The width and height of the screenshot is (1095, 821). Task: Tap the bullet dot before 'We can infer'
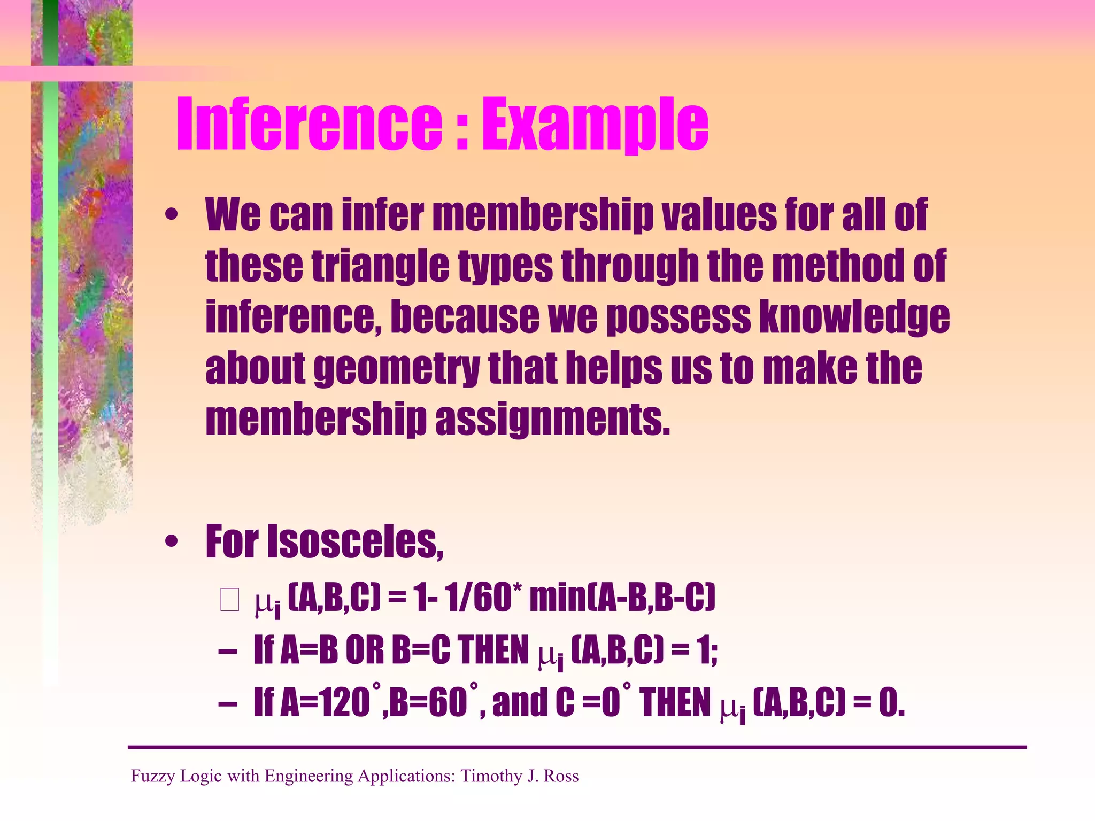click(x=171, y=215)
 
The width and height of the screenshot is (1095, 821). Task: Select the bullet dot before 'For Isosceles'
click(x=171, y=542)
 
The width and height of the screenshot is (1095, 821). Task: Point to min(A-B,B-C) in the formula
click(x=622, y=598)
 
